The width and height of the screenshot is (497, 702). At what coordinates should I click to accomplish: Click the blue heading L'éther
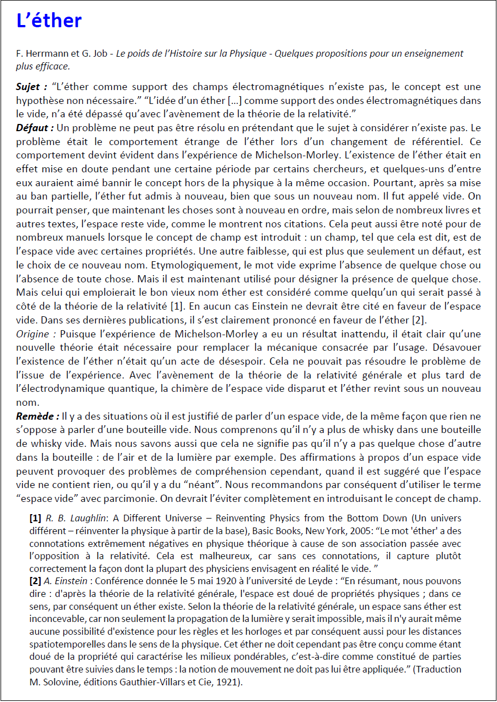49,21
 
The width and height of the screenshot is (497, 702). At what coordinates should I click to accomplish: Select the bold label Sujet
31,87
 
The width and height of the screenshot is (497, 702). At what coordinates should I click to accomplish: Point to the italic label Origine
36,333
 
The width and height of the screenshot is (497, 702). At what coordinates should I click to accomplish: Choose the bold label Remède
37,416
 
